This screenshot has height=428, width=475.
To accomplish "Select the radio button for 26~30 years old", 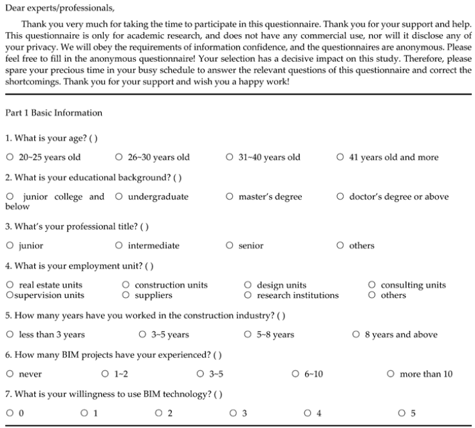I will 119,157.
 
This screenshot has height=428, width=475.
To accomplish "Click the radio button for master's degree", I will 230,197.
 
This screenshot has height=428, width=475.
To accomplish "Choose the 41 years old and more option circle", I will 340,157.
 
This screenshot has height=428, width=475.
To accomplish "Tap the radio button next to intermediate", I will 119,245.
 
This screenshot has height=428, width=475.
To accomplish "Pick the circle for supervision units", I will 9,295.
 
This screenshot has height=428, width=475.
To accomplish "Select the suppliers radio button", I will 126,295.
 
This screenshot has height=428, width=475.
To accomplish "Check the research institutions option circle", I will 248,295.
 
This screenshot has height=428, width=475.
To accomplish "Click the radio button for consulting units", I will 372,285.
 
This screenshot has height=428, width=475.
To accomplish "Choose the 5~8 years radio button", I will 248,335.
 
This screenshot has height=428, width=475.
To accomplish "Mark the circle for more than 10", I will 391,374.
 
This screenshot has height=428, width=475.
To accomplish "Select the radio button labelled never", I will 10,374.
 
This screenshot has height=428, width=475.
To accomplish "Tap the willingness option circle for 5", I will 402,413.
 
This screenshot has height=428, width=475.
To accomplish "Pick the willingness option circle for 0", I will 10,413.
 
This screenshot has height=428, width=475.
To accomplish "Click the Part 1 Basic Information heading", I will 53,113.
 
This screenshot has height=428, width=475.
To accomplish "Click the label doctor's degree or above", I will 398,197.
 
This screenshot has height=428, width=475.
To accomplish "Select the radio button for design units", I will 248,285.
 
